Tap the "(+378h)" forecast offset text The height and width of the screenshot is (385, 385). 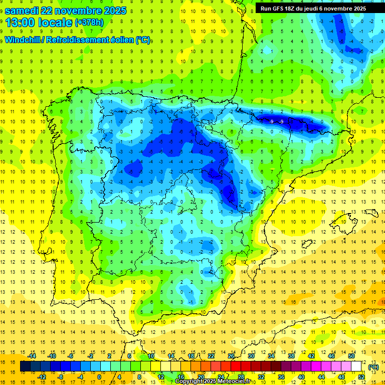(89, 23)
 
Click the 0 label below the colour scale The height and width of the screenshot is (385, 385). (100, 377)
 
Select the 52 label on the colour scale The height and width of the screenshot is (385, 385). (361, 377)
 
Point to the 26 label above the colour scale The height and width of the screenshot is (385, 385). (231, 356)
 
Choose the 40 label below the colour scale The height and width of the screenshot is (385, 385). (301, 377)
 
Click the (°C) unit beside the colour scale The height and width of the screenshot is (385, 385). (373, 367)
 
